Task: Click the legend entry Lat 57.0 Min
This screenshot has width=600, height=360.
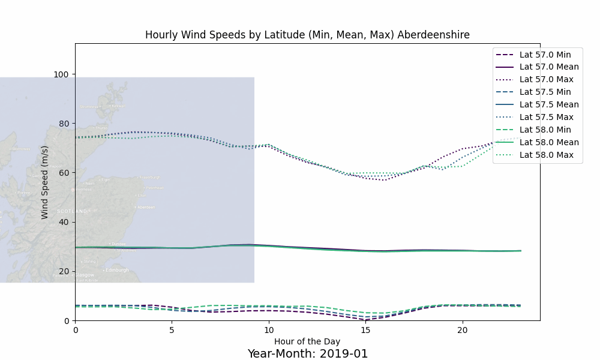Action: point(545,54)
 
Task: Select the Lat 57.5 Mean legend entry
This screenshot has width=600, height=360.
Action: point(549,104)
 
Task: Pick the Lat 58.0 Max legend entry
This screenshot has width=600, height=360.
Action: point(546,155)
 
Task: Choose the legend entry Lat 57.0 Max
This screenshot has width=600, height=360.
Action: point(546,79)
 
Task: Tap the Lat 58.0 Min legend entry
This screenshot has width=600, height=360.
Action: point(545,130)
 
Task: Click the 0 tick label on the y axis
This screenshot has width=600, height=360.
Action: point(67,321)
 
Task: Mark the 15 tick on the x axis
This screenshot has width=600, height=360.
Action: point(365,329)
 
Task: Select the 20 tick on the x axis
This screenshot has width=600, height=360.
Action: point(462,329)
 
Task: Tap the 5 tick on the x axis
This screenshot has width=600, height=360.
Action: point(172,329)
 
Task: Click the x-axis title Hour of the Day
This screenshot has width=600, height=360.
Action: point(307,341)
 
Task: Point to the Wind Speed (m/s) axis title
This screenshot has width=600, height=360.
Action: point(45,182)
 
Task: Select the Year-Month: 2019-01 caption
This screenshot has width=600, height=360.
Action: point(307,353)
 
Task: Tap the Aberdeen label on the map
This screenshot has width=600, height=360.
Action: point(146,208)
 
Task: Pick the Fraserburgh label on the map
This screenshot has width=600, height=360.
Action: point(151,178)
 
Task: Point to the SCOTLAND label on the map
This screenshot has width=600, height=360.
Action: point(72,211)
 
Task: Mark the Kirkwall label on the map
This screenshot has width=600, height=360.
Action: point(118,106)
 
